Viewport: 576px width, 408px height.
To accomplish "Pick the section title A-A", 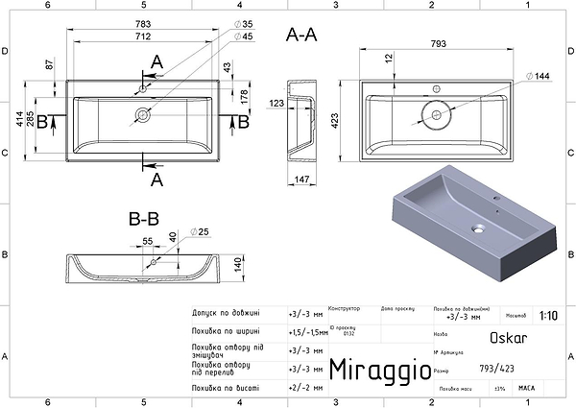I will (x=302, y=36).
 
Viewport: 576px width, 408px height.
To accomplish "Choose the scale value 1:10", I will (x=548, y=314).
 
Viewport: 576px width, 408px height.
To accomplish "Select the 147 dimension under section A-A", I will (x=300, y=179).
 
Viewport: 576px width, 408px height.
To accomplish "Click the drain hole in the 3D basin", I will (x=477, y=229).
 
